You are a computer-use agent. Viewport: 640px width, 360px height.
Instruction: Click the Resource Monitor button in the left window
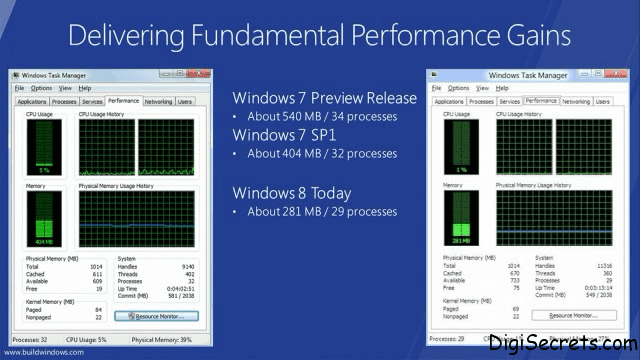(157, 316)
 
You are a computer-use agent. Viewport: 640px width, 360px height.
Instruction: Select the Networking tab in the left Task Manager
(158, 101)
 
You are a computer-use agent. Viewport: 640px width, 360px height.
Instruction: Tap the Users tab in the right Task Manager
(602, 101)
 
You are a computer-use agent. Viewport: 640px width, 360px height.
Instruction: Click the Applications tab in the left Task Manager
(31, 101)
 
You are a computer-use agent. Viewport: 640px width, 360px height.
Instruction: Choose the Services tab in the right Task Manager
(509, 101)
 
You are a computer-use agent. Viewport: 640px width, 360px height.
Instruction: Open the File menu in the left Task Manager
(19, 88)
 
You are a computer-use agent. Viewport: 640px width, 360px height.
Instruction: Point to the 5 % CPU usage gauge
(42, 144)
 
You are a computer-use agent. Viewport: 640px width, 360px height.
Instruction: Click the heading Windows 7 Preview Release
(324, 98)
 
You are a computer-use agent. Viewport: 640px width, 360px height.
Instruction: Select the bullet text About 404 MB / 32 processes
(322, 154)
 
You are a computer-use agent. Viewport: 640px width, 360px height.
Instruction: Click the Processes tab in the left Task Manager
(64, 101)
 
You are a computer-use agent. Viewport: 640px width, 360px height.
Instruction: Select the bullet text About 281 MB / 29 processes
(322, 211)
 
